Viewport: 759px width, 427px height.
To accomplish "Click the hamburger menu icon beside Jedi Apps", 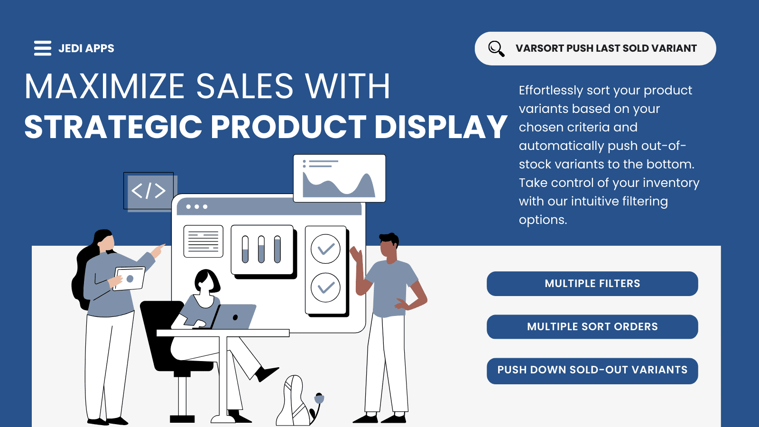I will (x=43, y=48).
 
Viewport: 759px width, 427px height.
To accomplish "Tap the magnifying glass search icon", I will (x=496, y=48).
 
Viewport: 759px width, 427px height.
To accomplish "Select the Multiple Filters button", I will (x=592, y=284).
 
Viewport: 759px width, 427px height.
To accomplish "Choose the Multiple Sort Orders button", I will (x=592, y=327).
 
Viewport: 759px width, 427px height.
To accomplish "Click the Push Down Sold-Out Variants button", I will (x=592, y=371).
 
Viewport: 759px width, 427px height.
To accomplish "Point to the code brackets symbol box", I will (x=149, y=191).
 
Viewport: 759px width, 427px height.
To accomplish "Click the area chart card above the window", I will (x=339, y=178).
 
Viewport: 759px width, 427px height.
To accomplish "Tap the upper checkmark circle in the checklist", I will (x=325, y=249).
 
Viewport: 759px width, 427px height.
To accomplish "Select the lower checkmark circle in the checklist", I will (x=325, y=288).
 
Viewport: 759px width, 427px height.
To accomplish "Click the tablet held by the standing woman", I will (x=129, y=278).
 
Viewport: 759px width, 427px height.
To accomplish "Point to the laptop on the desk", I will (x=233, y=317).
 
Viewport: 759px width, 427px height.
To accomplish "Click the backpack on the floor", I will (x=295, y=401).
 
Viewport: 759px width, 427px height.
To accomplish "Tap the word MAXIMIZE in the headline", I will (x=104, y=86).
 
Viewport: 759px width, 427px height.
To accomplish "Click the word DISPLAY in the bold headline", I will (x=441, y=127).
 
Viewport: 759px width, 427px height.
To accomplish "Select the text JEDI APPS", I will (x=86, y=48).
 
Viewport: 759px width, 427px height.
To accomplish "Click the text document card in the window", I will (x=203, y=241).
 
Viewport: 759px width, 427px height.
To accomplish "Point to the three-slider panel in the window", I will (x=262, y=250).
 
